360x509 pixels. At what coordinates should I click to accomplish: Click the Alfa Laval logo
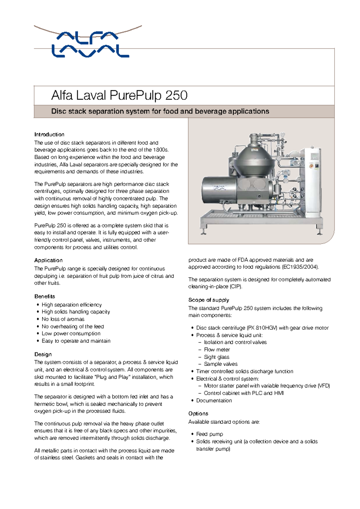click(x=90, y=44)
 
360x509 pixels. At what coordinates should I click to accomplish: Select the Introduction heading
click(x=49, y=134)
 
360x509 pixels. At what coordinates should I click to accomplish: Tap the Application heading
click(x=48, y=260)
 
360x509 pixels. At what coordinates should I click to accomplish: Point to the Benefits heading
click(x=45, y=296)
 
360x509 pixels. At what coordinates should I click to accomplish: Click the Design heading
click(x=43, y=354)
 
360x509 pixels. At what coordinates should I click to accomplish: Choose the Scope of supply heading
click(x=208, y=300)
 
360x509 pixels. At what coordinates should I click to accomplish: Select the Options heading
click(x=198, y=413)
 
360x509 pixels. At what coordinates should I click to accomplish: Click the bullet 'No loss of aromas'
click(x=63, y=319)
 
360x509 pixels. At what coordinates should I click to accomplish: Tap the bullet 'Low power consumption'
click(x=71, y=333)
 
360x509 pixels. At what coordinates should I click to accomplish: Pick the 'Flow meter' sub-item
click(x=217, y=350)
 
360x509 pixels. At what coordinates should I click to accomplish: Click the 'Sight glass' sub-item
click(x=216, y=357)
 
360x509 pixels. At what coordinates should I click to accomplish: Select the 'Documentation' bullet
click(x=214, y=400)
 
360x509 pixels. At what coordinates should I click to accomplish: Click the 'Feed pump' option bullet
click(x=209, y=434)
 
